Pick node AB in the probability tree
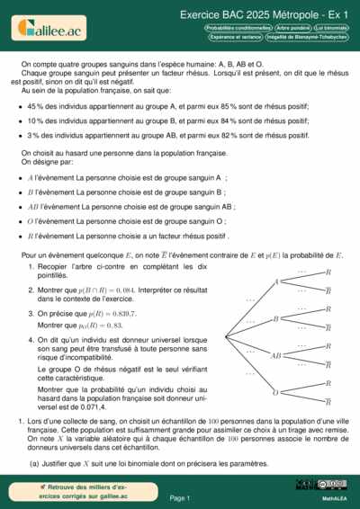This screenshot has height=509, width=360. click(x=275, y=355)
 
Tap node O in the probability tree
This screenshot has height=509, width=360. click(x=275, y=391)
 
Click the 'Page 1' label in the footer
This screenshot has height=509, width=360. click(x=180, y=497)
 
